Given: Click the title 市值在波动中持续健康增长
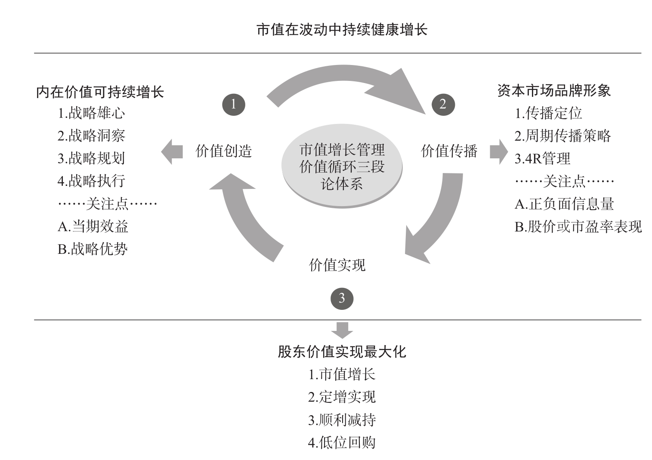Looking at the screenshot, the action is (342, 30).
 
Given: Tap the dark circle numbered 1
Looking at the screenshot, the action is (234, 105).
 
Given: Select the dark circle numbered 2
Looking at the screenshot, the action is (443, 105).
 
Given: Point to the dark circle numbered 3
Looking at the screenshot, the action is (342, 299).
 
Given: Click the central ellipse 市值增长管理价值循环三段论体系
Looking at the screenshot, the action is (342, 166).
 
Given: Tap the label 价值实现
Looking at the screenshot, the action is (337, 265).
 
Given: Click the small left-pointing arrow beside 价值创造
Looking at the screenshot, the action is (172, 152).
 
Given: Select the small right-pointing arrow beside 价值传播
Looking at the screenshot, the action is (499, 152).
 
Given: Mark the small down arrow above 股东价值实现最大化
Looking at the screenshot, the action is (342, 330).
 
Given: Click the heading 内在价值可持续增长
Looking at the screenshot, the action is (100, 92).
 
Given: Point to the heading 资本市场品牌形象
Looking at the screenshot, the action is (554, 91).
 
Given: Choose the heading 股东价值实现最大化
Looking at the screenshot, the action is (342, 352).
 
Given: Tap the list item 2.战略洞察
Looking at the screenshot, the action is (91, 136).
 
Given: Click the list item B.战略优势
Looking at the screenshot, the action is (93, 249).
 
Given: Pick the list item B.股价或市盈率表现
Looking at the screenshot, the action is (578, 227).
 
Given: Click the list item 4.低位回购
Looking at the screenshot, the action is (342, 443).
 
